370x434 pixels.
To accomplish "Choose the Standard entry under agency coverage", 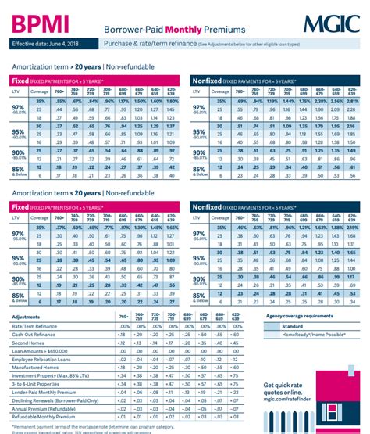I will [294, 326].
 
